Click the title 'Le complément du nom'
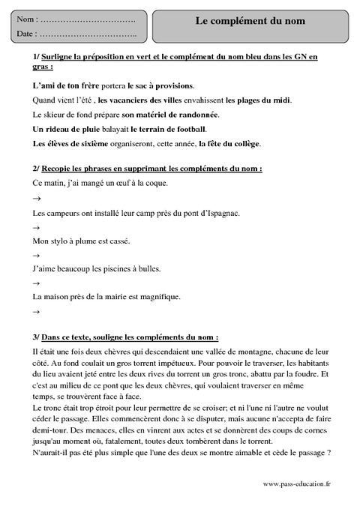[250, 22]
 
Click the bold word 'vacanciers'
[132, 100]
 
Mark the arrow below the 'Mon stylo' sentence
[37, 256]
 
